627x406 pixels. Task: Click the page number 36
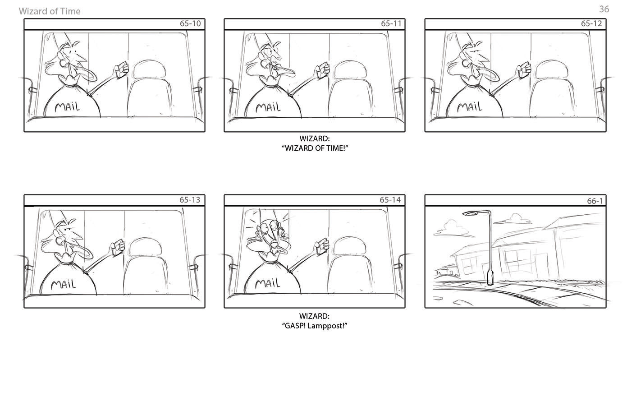pos(604,9)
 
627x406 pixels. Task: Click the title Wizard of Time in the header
pos(50,11)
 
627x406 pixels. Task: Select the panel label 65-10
pos(190,23)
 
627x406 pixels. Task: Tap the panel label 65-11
pos(391,23)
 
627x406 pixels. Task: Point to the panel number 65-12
pos(591,23)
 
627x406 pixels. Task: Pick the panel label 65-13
pos(190,200)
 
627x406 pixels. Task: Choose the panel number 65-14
pos(390,200)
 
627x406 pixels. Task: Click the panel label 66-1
pos(595,201)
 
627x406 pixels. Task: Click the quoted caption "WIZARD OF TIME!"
pos(315,148)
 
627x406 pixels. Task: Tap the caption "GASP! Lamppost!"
pos(315,326)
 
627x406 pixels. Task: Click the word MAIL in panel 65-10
pos(68,107)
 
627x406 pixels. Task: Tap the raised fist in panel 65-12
pos(524,70)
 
